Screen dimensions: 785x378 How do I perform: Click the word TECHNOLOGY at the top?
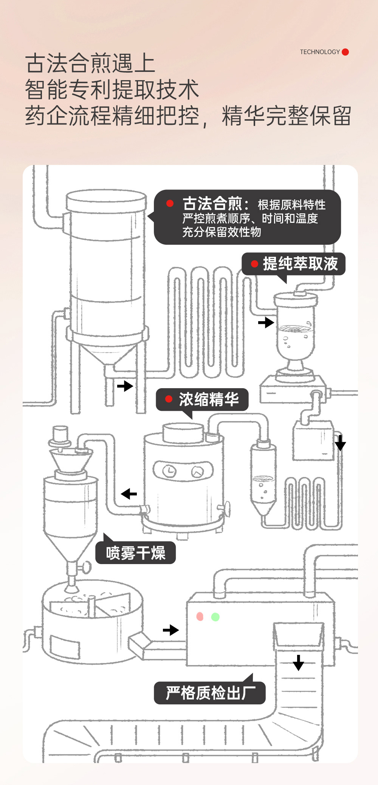[x=320, y=52]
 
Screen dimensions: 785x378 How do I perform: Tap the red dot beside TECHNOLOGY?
[x=345, y=52]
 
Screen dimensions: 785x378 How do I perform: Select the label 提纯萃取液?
[x=300, y=264]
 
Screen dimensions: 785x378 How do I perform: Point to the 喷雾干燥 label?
[x=136, y=553]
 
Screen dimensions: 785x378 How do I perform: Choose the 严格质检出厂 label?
[x=210, y=693]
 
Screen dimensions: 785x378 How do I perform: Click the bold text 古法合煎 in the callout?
[x=212, y=204]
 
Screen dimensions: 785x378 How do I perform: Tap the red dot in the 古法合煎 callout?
[x=170, y=204]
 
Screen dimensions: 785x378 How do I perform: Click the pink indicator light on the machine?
[x=200, y=617]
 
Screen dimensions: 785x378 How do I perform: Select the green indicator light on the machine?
[x=215, y=617]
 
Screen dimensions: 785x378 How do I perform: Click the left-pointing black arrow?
[x=129, y=494]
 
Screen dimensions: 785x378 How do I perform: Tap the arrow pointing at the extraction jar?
[x=266, y=322]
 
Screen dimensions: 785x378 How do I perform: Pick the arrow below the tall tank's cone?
[x=125, y=386]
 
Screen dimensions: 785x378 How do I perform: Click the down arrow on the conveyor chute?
[x=298, y=662]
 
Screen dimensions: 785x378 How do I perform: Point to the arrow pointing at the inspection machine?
[x=171, y=630]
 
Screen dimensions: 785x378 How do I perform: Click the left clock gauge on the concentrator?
[x=169, y=471]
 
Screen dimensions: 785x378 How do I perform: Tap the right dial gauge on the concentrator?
[x=198, y=471]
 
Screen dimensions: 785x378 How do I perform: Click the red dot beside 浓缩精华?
[x=169, y=399]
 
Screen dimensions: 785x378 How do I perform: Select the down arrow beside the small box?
[x=340, y=443]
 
